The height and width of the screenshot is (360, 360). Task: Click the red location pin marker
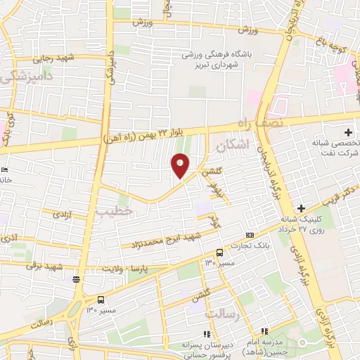point(180,166)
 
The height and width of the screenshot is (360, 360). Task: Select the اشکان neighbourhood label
point(233,148)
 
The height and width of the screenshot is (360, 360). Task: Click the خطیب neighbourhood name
point(114,210)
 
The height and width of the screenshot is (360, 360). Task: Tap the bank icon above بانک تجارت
point(250,234)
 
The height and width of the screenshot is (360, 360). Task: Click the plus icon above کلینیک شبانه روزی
point(301,208)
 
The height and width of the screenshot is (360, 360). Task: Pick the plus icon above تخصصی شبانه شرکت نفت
point(349,132)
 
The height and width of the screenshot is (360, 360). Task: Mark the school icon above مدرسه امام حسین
point(264,331)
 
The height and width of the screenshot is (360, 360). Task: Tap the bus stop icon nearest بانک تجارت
point(219,252)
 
